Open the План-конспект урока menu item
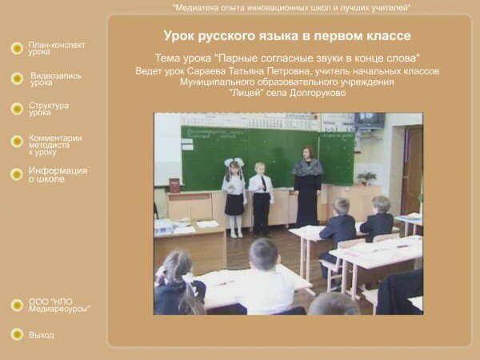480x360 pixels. coord(57,48)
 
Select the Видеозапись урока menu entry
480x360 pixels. coord(56,79)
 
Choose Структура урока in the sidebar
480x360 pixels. coord(49,109)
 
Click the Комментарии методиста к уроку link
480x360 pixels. coord(55,145)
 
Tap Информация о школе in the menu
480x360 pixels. coord(58,174)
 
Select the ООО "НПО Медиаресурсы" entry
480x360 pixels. coord(59,306)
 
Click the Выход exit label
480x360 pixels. coord(42,335)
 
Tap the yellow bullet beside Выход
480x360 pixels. coord(17,334)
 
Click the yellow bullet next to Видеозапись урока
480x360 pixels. coord(17,78)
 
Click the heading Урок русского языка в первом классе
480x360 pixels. coord(287,36)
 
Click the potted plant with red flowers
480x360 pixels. coord(366,178)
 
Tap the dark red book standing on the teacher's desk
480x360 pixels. coord(174,186)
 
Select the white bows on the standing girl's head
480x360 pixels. coord(234,162)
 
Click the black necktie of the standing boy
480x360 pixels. coord(263,182)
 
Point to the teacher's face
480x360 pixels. coord(307,154)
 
